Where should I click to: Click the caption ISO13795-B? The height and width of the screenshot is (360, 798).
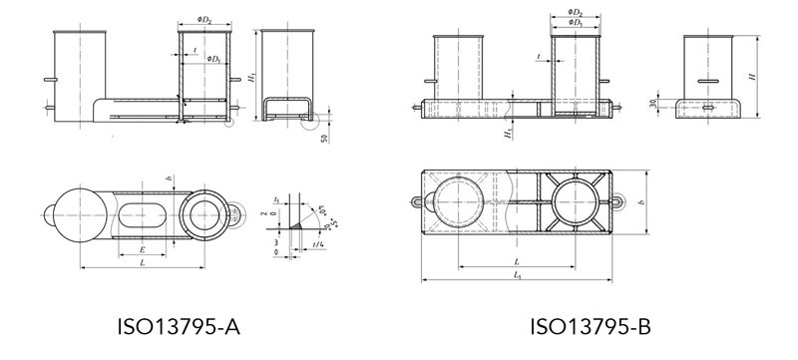(x=591, y=326)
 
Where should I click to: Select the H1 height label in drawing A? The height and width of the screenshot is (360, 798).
(x=253, y=76)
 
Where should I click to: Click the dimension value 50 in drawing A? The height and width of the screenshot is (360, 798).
(x=325, y=137)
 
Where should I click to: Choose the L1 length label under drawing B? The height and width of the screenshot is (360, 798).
(x=515, y=274)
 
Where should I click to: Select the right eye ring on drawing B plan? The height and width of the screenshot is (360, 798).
(x=620, y=200)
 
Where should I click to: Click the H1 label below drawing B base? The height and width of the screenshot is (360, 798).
(x=508, y=132)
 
